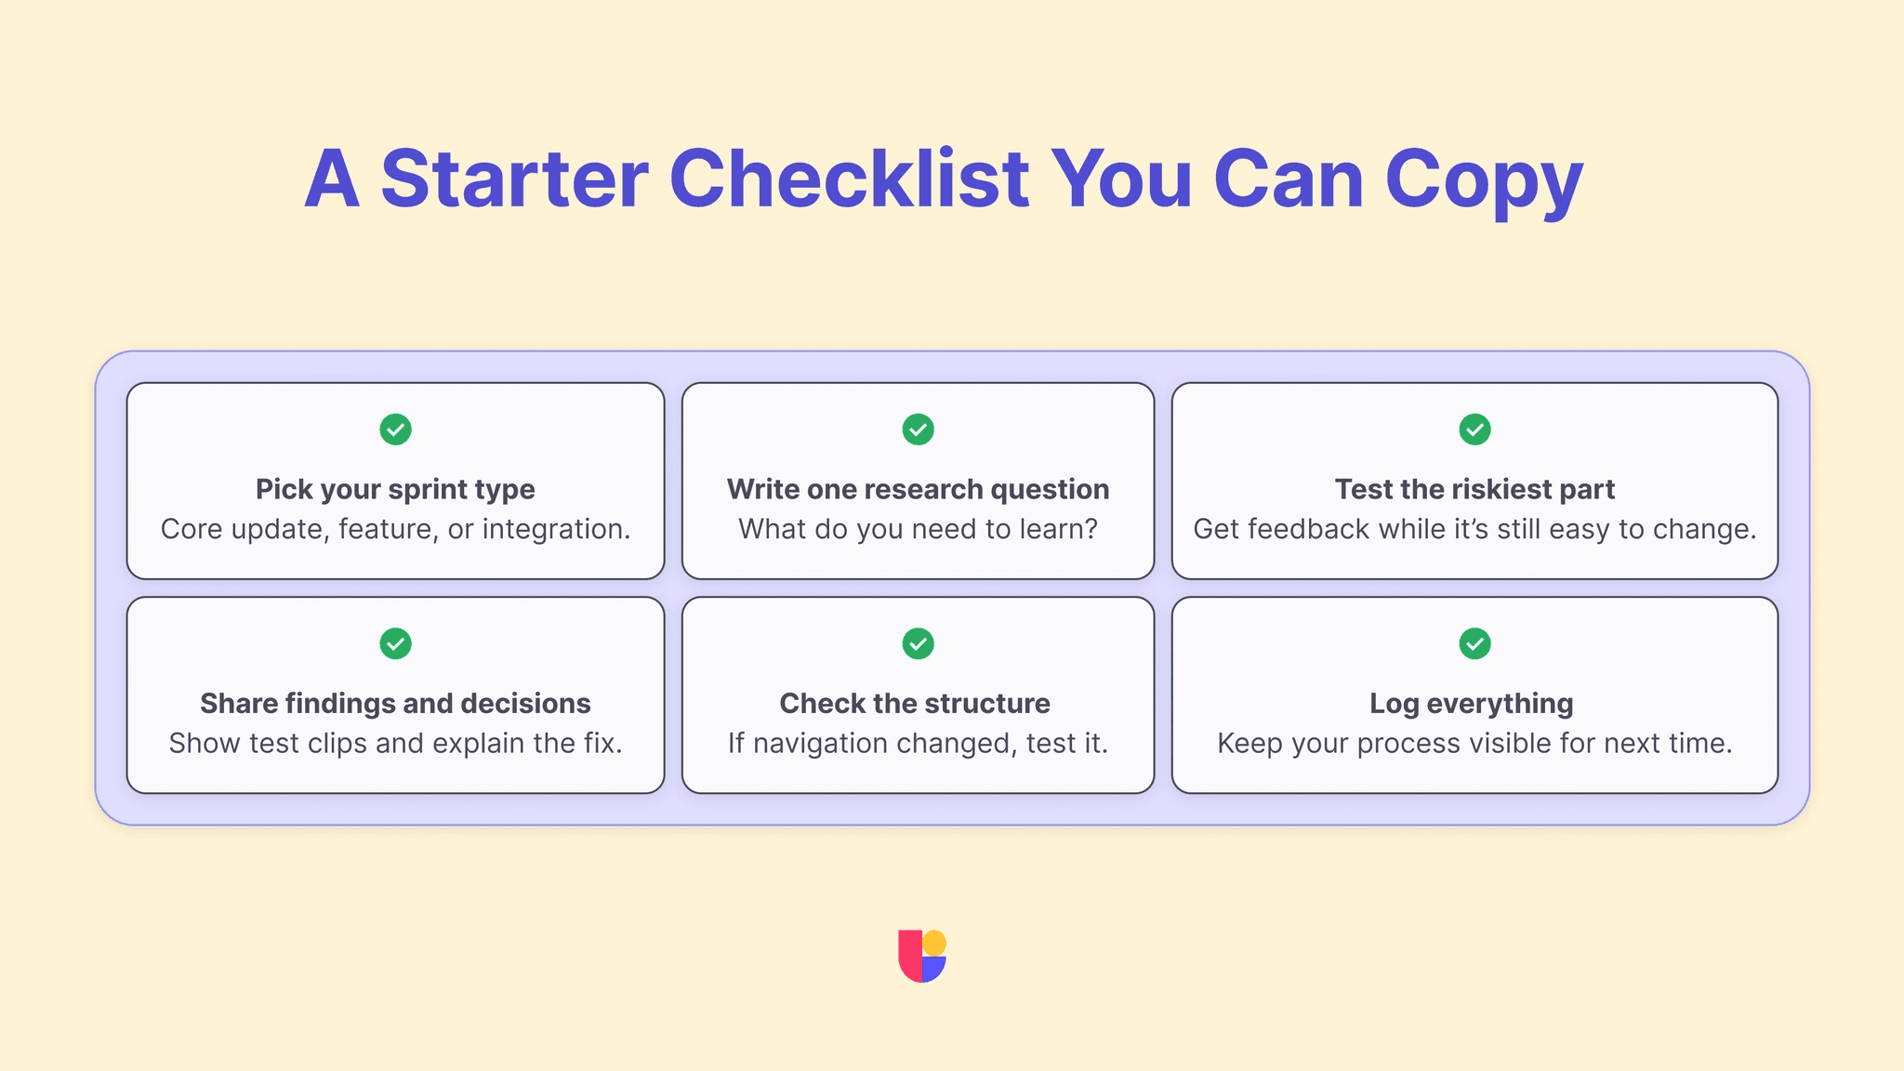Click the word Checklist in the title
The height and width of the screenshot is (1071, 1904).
click(849, 178)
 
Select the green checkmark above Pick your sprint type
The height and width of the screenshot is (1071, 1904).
click(395, 430)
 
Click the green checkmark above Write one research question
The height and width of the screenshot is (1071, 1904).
click(918, 430)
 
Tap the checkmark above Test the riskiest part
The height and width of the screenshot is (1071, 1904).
click(1474, 430)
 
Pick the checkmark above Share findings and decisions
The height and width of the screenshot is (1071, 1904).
click(395, 643)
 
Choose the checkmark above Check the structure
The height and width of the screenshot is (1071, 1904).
click(918, 643)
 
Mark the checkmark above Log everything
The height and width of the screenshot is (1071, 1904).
click(1474, 643)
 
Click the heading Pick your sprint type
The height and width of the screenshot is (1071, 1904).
click(395, 490)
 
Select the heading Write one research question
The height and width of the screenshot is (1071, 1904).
click(918, 489)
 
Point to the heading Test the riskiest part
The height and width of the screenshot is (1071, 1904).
click(1474, 490)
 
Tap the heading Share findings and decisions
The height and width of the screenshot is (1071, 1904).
click(395, 704)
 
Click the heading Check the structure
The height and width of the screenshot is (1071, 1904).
click(915, 703)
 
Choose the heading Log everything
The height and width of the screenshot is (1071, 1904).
click(1472, 704)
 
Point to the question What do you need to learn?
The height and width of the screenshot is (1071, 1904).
click(918, 529)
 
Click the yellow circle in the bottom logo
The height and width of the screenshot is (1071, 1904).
click(933, 943)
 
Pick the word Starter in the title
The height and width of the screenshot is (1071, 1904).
click(514, 178)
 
